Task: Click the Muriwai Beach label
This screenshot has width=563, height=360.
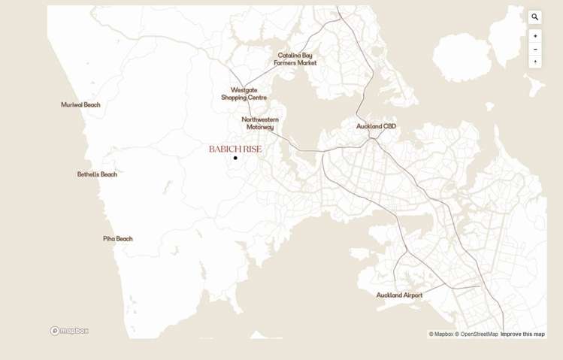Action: point(80,105)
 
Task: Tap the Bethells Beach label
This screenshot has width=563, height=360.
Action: point(97,174)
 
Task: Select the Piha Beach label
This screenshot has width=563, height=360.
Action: point(117,239)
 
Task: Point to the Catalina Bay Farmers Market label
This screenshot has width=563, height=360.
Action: point(295,59)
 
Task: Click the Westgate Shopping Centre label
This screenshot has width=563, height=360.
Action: point(244,94)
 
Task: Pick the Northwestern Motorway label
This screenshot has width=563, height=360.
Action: point(260,123)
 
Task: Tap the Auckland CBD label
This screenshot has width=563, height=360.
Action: point(376,126)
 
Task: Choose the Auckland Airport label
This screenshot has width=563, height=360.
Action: point(399,295)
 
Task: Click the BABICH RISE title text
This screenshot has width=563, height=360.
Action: point(235,149)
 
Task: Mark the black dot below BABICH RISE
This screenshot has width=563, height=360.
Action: point(235,158)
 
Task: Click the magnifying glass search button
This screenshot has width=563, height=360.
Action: point(535,17)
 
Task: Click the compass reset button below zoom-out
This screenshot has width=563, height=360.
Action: point(535,62)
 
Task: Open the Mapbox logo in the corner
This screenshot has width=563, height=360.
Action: point(69,331)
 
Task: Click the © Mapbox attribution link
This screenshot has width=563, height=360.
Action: point(441,334)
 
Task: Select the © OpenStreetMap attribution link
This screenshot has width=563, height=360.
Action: point(477,334)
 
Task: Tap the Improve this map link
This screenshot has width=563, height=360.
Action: point(522,334)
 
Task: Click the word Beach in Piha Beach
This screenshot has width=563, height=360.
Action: point(124,239)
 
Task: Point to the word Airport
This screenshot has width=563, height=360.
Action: point(411,295)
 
